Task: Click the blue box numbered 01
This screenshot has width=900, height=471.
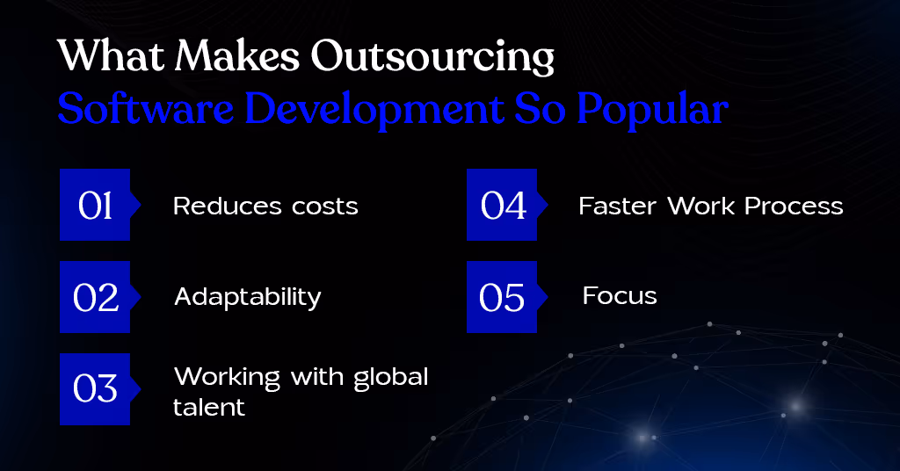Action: point(95,205)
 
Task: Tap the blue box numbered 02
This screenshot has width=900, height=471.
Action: point(95,297)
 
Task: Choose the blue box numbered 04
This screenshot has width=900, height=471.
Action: point(502,205)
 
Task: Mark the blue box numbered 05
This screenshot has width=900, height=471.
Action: point(502,297)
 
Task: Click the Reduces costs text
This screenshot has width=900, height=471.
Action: point(265,207)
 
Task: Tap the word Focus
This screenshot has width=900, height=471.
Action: point(620,296)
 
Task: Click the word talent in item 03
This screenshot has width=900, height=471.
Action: point(209,408)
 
